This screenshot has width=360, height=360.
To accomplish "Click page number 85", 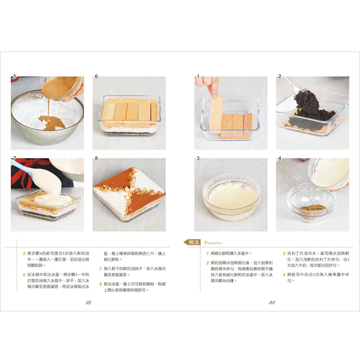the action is click(89, 303).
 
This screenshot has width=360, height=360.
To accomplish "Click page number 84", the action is click(272, 303).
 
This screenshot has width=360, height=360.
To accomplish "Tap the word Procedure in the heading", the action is click(213, 243).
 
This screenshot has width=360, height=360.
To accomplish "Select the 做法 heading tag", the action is click(192, 242).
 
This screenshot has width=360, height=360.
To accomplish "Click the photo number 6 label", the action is click(96, 76).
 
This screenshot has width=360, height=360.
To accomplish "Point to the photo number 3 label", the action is click(198, 158).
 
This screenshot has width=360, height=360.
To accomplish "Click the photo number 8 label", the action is click(96, 158).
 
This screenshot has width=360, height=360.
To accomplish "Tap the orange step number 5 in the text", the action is click(24, 254).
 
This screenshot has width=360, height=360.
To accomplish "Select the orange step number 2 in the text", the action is click(207, 263).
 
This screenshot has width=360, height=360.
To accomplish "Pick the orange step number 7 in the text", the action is click(100, 269).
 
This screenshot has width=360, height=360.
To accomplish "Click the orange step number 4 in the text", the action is click(284, 275).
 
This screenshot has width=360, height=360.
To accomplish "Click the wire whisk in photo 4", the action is click(288, 175).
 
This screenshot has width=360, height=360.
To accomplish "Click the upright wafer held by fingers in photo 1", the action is click(216, 114).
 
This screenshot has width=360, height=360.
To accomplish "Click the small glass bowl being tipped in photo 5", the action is click(62, 87).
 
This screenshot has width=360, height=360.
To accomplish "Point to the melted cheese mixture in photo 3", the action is click(232, 196).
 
